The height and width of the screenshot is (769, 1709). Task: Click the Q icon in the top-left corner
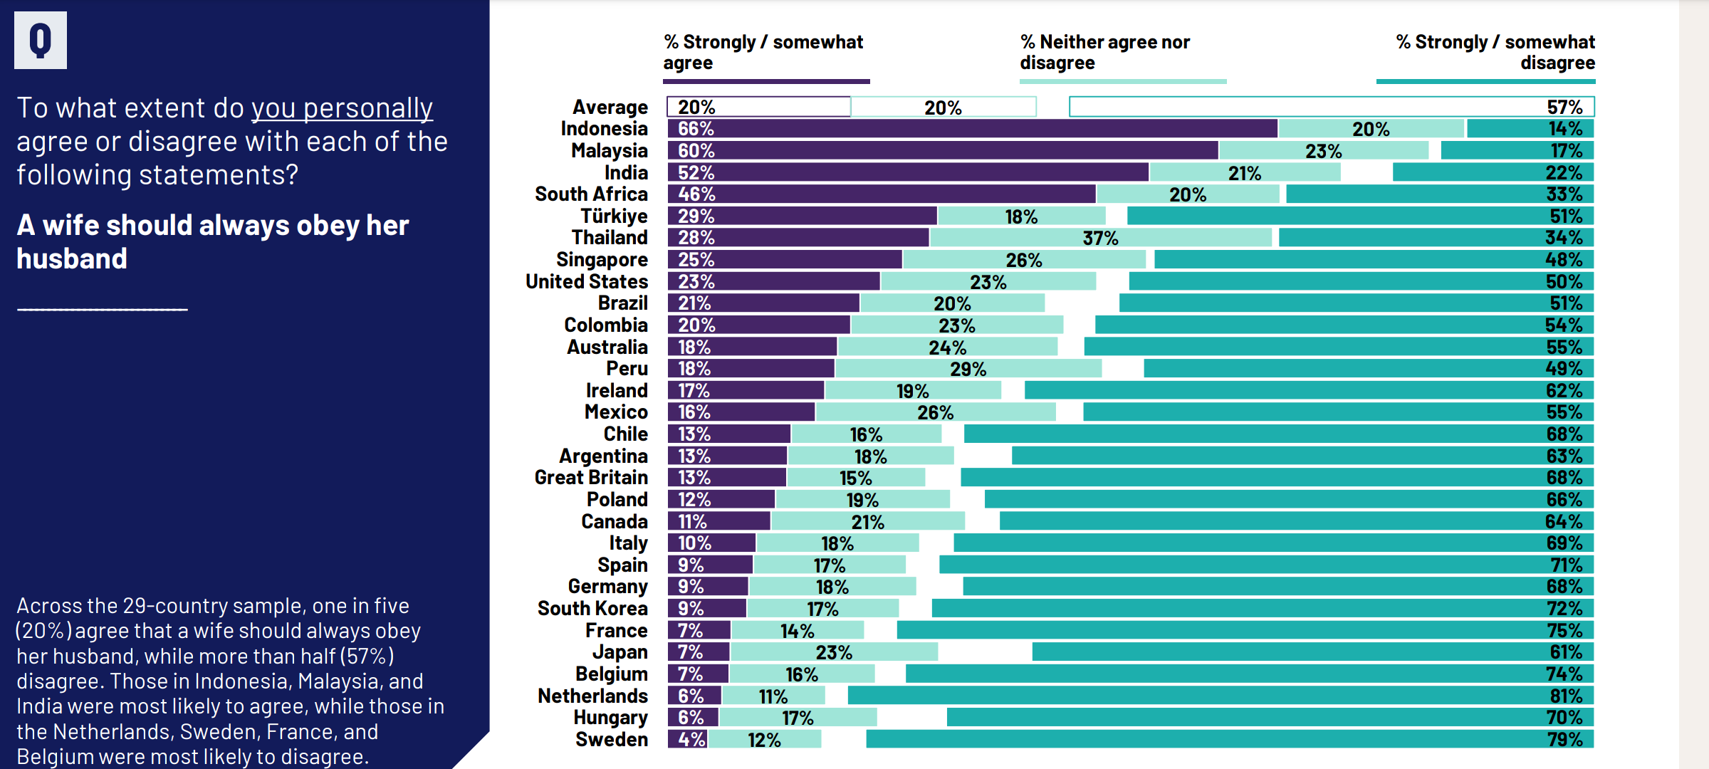coord(41,41)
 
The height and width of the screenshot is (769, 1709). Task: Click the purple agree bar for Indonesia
coord(972,129)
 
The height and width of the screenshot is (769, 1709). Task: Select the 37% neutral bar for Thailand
coord(1100,238)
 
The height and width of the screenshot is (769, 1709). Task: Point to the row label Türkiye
coord(614,216)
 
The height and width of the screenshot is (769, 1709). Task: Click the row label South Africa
coord(591,194)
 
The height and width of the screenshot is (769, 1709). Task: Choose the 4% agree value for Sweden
coord(691,740)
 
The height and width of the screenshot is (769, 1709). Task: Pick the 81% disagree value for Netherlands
coord(1566,696)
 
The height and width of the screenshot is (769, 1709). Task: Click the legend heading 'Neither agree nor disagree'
coord(1104,52)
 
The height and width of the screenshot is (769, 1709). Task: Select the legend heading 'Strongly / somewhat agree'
coord(763,52)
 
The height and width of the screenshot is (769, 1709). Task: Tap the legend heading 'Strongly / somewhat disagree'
coord(1495,52)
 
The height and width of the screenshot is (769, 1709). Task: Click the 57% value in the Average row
coord(1564,108)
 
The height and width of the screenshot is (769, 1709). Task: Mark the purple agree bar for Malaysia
coord(942,151)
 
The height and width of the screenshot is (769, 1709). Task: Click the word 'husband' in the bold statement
coord(72,259)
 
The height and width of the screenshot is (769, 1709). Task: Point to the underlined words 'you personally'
coord(342,108)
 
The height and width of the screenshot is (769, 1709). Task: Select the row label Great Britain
coord(591,478)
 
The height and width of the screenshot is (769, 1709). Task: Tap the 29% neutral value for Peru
coord(968,370)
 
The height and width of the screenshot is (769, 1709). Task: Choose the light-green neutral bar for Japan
coord(834,652)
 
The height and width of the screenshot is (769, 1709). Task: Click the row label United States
coord(587,282)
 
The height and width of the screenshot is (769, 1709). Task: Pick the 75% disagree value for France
coord(1564,631)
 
